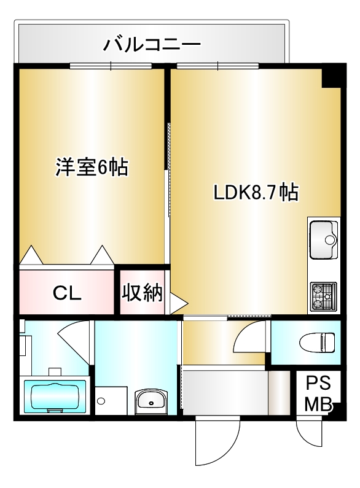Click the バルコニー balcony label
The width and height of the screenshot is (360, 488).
152,44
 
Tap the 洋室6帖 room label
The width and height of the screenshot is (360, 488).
92,167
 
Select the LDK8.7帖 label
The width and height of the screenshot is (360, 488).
256,193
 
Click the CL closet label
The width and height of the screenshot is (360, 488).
66,293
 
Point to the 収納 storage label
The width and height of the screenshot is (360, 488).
142,293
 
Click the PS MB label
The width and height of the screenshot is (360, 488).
318,393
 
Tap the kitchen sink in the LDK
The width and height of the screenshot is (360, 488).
324,239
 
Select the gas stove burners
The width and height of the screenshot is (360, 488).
324,296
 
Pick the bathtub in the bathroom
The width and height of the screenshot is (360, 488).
54,396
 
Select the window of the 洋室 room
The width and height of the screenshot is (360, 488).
111,66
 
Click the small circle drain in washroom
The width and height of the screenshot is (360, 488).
101,401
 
